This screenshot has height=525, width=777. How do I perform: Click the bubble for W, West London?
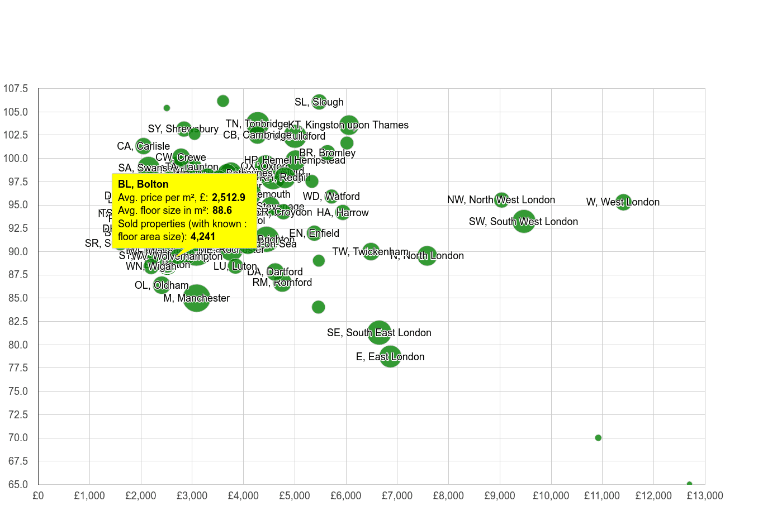623,202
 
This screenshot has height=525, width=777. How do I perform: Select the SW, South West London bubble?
524,221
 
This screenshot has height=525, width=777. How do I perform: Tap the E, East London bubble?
390,356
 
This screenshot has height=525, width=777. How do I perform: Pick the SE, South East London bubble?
380,332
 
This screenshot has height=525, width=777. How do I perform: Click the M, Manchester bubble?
197,298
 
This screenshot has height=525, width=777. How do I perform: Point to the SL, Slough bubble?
319,102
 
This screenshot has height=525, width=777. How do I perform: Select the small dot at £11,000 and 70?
598,438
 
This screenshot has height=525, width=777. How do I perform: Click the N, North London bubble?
427,256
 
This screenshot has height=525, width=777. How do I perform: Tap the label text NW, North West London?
501,200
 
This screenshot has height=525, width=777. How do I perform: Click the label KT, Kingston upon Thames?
348,125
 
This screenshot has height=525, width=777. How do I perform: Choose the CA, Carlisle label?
143,146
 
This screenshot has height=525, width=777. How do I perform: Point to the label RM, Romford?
282,283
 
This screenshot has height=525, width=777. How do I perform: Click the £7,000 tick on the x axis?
397,496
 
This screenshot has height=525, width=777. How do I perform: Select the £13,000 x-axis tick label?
704,496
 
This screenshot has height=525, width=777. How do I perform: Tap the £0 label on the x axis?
38,496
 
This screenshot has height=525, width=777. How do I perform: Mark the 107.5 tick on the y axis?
16,89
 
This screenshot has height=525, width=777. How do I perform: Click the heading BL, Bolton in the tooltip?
143,184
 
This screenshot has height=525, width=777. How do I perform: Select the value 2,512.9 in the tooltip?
228,198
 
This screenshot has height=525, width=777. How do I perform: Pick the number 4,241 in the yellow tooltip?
202,237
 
